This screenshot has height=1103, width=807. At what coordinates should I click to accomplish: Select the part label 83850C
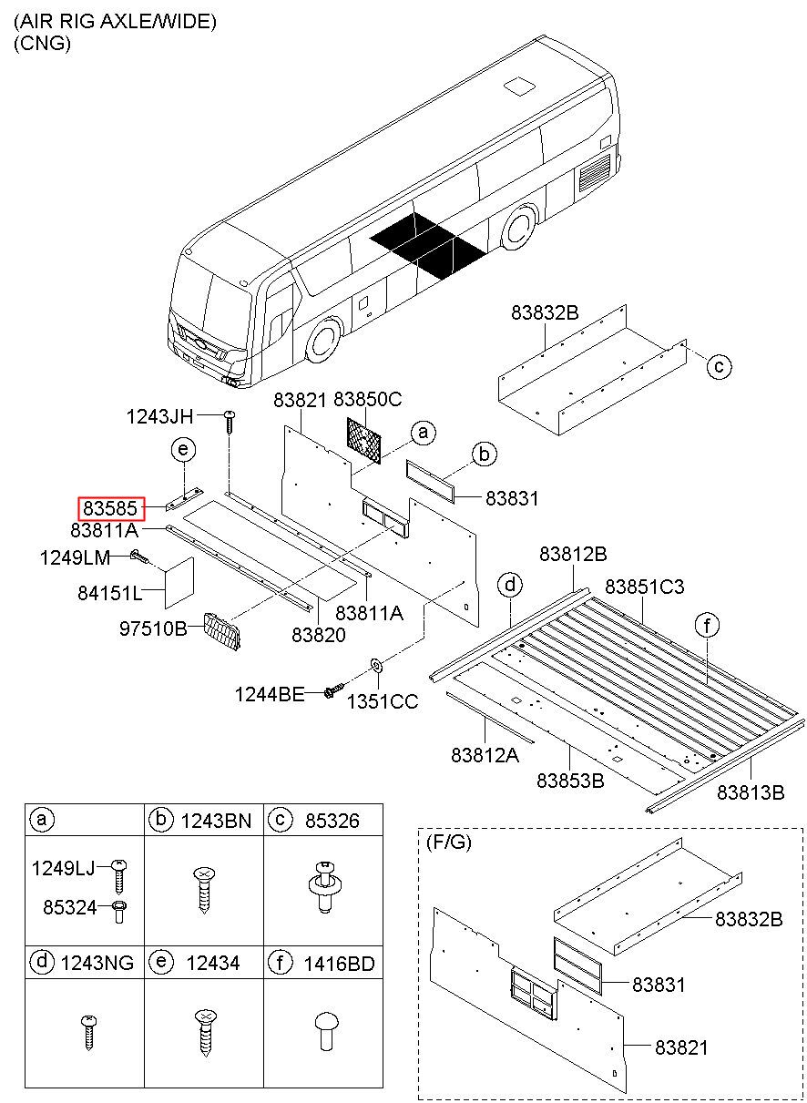click(367, 399)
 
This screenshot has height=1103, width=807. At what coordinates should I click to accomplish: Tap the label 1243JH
click(159, 416)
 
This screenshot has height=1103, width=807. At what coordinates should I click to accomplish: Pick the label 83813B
click(750, 792)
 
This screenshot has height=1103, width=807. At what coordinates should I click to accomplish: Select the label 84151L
click(108, 593)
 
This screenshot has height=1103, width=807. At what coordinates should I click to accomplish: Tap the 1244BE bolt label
click(269, 694)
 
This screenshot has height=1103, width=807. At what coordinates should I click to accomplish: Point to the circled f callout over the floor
click(706, 625)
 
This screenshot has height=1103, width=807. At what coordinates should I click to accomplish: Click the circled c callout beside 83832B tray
click(719, 366)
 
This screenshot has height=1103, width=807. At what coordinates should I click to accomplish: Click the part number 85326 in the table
click(333, 821)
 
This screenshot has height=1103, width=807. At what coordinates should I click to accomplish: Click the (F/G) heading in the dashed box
click(448, 843)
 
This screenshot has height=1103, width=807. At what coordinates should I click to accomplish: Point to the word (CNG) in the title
click(42, 43)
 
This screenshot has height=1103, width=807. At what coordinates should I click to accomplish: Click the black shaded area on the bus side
click(426, 242)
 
